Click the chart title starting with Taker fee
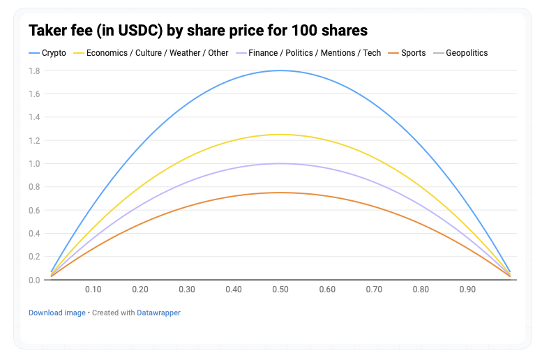(x=198, y=31)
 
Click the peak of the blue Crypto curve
(x=280, y=70)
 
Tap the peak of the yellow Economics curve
(x=280, y=135)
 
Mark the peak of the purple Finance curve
(x=280, y=163)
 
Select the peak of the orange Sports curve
(x=280, y=193)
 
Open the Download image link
(x=57, y=313)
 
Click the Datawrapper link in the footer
(x=158, y=313)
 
